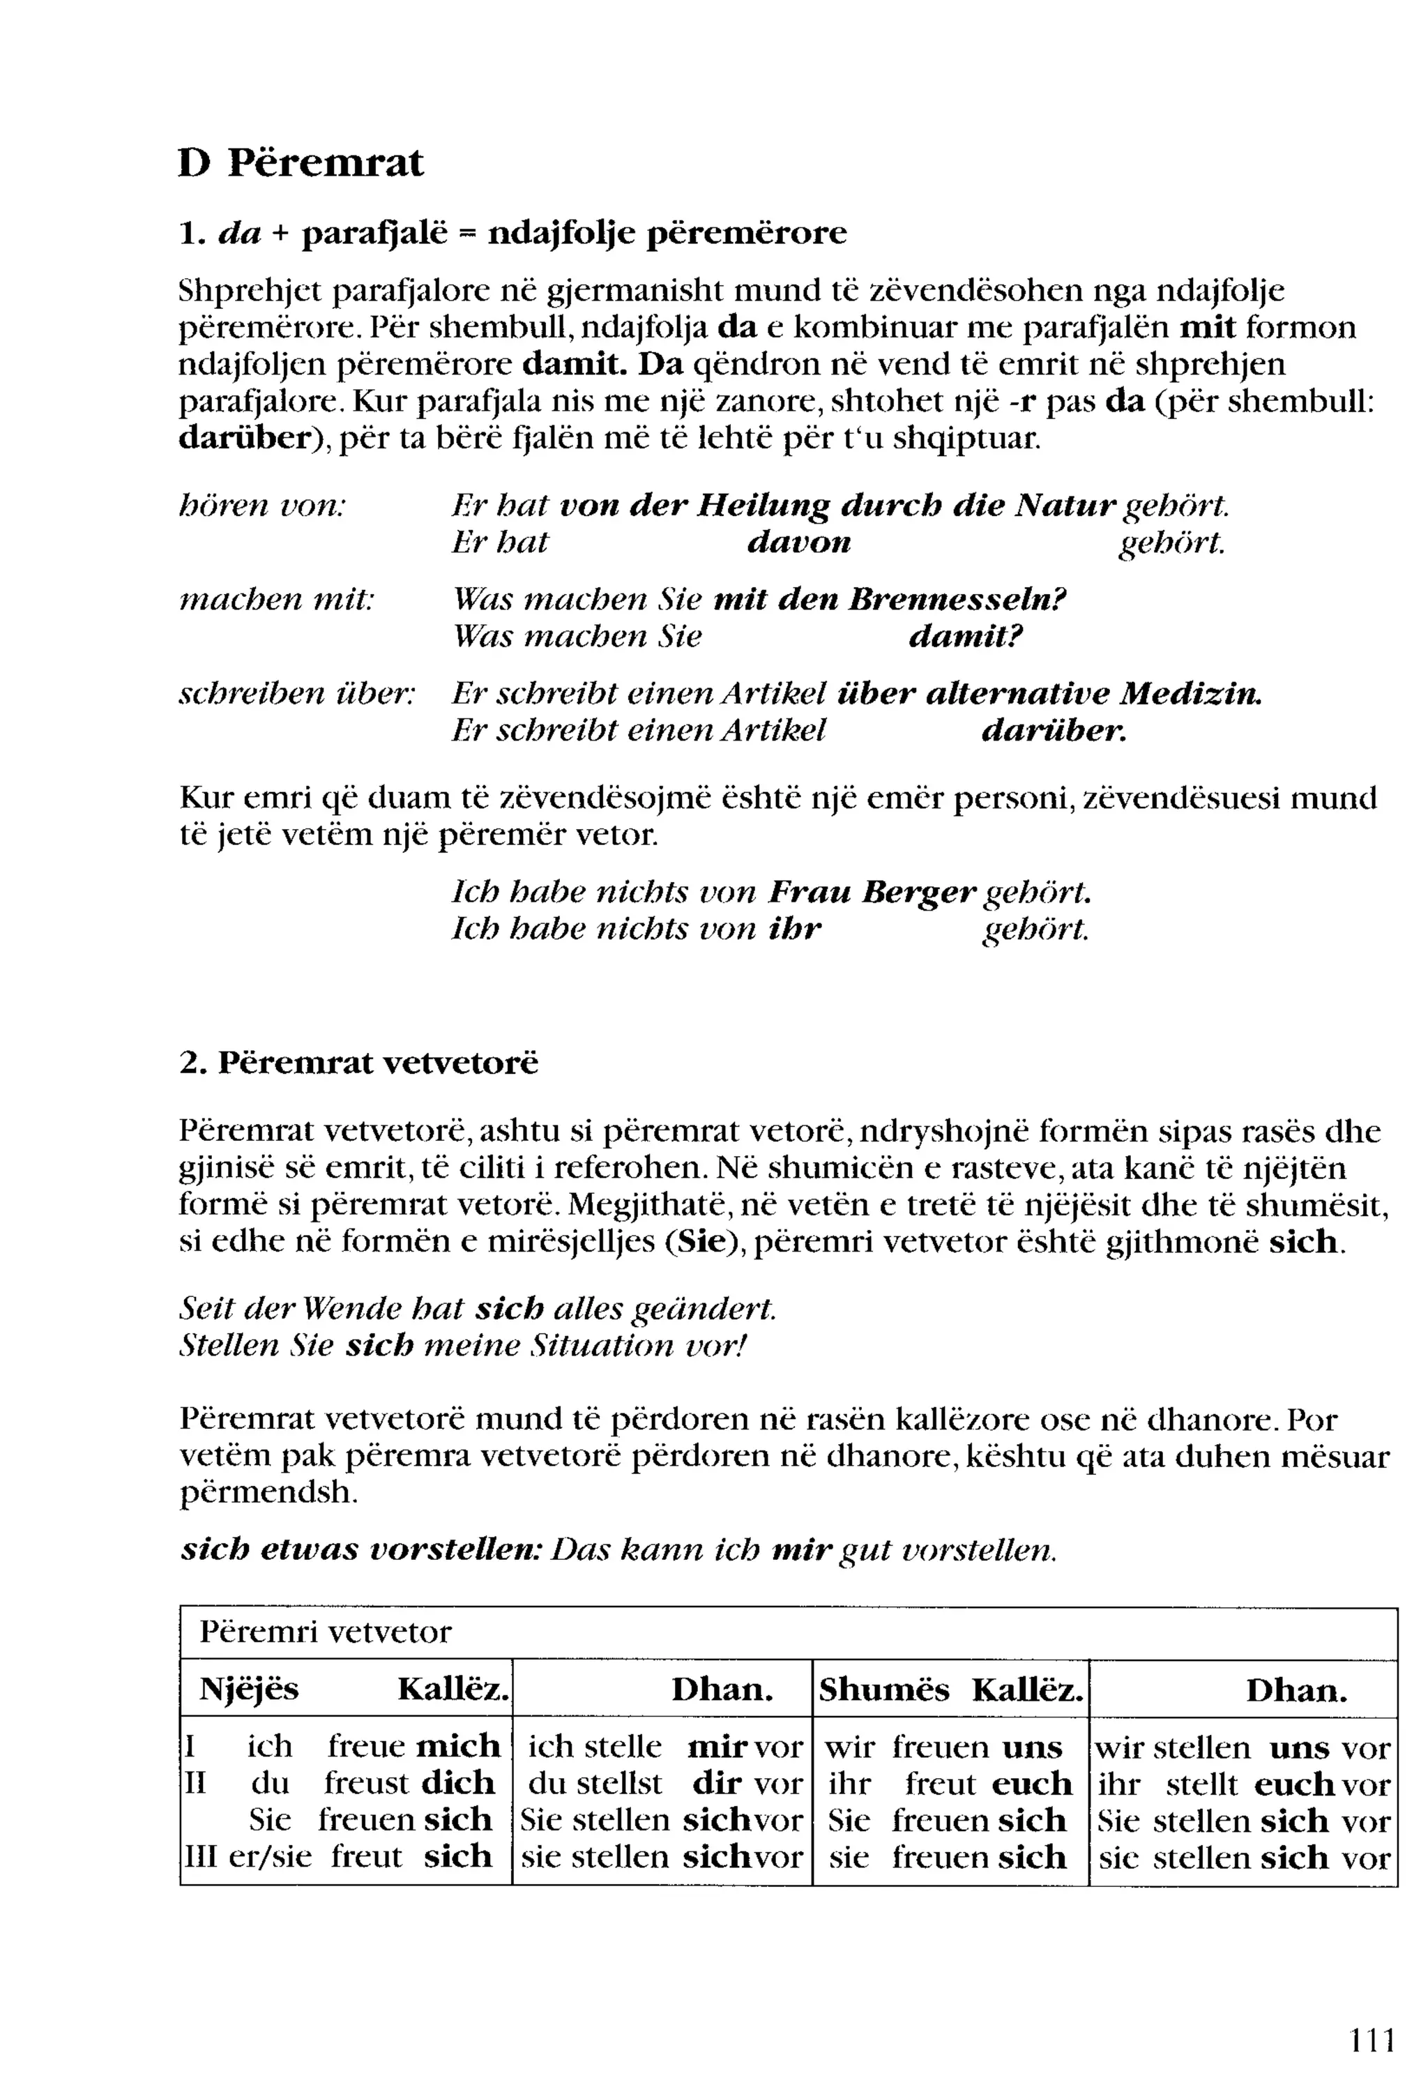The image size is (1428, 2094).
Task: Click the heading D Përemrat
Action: click(x=300, y=163)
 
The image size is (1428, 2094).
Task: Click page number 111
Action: click(x=1372, y=2039)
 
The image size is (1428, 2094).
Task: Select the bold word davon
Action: click(x=799, y=543)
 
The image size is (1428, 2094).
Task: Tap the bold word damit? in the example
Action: click(x=965, y=637)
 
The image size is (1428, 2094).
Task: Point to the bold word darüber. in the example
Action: click(x=1053, y=731)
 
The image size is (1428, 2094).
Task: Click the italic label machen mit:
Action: click(x=277, y=599)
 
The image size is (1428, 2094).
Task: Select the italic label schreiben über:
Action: click(x=297, y=694)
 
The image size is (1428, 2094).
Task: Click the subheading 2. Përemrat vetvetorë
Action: click(x=358, y=1063)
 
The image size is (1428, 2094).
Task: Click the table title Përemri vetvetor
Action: click(x=324, y=1632)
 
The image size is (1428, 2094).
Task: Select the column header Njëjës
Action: click(x=249, y=1689)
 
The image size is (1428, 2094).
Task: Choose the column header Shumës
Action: click(x=883, y=1690)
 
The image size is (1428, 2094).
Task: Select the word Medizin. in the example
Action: click(x=1190, y=694)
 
